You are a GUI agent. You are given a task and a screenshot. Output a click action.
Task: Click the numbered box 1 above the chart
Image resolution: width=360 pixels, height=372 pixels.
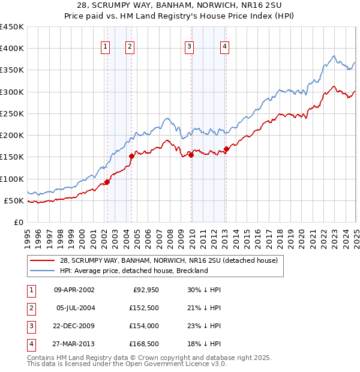(106, 47)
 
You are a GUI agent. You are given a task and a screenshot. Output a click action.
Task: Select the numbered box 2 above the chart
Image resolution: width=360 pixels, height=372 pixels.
(130, 47)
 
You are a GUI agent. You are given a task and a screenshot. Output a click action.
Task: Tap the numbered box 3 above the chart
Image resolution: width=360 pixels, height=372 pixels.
(189, 47)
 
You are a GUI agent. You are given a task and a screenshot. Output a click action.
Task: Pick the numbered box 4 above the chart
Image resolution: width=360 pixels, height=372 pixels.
(224, 47)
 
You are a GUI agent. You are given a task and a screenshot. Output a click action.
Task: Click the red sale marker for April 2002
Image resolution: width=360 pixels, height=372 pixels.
(107, 182)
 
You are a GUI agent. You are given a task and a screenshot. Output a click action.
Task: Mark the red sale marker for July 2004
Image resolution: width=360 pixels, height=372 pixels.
(131, 156)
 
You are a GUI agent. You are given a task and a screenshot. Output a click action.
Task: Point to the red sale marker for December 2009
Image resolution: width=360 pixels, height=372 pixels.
(191, 155)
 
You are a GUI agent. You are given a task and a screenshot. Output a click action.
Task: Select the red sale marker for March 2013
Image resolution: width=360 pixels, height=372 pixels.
(226, 149)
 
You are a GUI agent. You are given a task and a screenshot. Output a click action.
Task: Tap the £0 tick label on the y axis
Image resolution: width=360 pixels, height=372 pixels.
(17, 222)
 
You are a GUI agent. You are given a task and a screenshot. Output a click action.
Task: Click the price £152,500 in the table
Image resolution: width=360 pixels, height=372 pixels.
(145, 308)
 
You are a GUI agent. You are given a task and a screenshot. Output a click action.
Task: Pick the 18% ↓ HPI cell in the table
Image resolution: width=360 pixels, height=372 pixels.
(204, 344)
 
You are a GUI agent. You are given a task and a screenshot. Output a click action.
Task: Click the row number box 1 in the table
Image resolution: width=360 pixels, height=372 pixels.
(29, 290)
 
